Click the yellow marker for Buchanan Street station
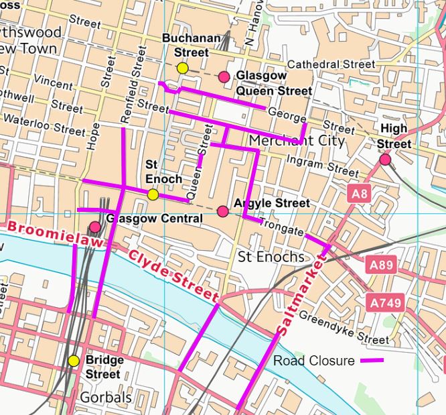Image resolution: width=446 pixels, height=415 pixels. click(x=182, y=68)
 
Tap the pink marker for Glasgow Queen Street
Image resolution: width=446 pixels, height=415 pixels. click(x=224, y=76)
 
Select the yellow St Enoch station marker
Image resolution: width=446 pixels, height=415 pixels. click(x=153, y=194)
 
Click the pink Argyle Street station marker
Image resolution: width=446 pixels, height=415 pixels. click(x=223, y=212)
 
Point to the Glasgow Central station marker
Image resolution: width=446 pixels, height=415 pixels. click(x=95, y=227)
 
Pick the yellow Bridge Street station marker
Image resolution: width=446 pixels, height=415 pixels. click(x=74, y=361)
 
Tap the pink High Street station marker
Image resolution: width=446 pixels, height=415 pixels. click(x=385, y=160)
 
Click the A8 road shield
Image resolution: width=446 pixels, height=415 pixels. click(x=360, y=194)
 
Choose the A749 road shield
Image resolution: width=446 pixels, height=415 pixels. click(x=385, y=303)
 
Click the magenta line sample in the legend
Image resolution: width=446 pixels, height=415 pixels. click(x=372, y=361)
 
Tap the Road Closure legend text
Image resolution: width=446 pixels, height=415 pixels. click(x=313, y=361)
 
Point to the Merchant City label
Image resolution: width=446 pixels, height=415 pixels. click(x=296, y=141)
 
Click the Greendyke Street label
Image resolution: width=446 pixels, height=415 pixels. click(x=344, y=326)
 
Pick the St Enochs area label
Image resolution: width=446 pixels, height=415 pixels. click(x=271, y=257)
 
